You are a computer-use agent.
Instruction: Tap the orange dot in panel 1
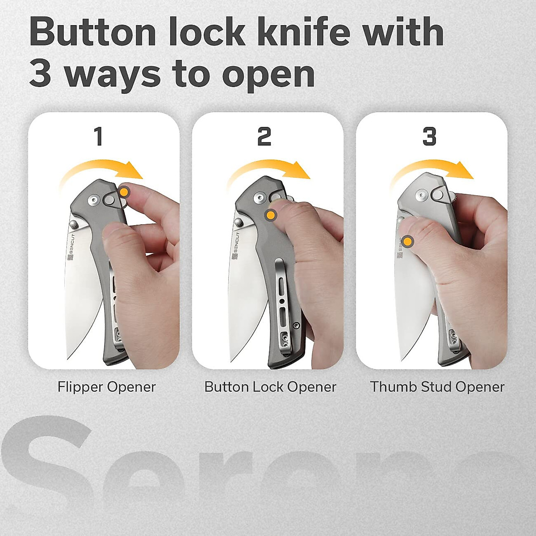click(125, 193)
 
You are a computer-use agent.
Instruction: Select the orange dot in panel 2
click(270, 215)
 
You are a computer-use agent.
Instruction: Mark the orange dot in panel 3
click(407, 242)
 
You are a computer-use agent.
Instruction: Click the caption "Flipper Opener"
click(106, 387)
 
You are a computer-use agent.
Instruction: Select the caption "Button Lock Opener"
click(270, 387)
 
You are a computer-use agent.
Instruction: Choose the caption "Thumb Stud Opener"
click(437, 387)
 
